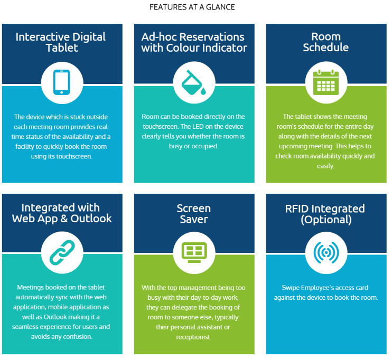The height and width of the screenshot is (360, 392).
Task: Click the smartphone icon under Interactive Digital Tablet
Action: point(61,82)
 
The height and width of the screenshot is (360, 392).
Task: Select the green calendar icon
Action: point(326,82)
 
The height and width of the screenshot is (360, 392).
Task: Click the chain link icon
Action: point(62,252)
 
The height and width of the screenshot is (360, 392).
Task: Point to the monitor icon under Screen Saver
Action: point(194,252)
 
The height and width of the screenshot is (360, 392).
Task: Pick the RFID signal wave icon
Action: point(326,252)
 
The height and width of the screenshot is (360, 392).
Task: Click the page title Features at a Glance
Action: point(192,7)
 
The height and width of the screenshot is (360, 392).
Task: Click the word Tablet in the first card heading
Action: point(62,48)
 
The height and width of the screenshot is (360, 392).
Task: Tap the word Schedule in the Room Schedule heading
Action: point(326,47)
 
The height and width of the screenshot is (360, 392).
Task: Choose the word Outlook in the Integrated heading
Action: point(91,219)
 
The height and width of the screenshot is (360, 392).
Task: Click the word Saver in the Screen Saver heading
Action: point(194,219)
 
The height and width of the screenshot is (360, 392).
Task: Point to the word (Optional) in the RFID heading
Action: point(326,220)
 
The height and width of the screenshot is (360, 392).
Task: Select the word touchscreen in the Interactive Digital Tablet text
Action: point(74,156)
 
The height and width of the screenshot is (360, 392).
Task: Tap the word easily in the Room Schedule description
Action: point(325,166)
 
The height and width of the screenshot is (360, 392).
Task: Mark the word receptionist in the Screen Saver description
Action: point(193,337)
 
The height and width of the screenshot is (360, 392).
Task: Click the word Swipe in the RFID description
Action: point(291,288)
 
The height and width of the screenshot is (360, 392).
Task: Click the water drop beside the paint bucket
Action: point(203,91)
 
